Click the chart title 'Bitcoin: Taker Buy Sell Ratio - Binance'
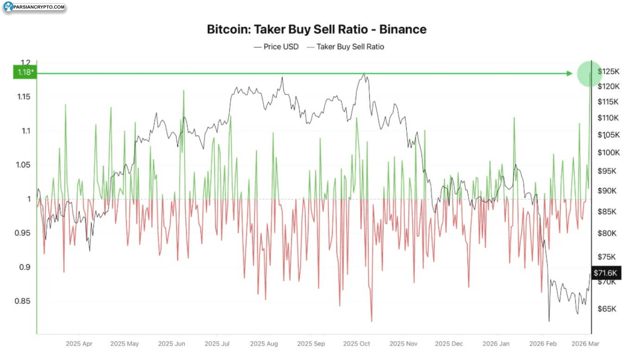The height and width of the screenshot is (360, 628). (317, 29)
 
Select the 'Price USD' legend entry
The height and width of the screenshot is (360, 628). (276, 46)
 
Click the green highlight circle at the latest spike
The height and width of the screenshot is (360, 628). (590, 74)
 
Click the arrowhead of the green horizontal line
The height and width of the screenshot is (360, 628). (570, 73)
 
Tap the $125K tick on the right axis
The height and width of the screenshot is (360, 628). (608, 71)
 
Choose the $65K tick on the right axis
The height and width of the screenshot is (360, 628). (606, 309)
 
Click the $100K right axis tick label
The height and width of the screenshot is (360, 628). (608, 152)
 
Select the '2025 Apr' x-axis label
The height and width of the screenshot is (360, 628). (79, 344)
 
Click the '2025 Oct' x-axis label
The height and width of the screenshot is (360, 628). (357, 344)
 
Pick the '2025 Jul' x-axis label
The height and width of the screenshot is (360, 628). (218, 344)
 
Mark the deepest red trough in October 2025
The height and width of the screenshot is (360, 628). (372, 321)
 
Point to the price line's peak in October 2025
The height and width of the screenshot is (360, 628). (364, 73)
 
